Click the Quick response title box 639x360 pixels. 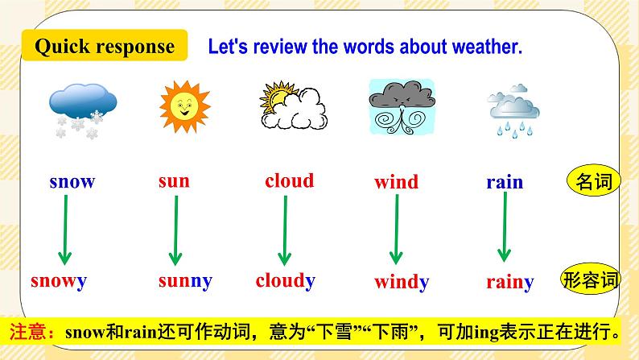pyautogui.click(x=105, y=46)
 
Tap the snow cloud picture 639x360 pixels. pyautogui.click(x=82, y=108)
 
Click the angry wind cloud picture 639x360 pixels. pyautogui.click(x=398, y=106)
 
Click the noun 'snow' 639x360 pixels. pyautogui.click(x=72, y=181)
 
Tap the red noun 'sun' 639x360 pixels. pyautogui.click(x=174, y=181)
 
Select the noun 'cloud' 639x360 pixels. pyautogui.click(x=289, y=180)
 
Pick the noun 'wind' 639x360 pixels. pyautogui.click(x=396, y=182)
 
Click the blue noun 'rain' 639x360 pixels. pyautogui.click(x=505, y=182)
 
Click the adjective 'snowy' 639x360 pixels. pyautogui.click(x=59, y=281)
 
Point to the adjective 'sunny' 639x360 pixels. pyautogui.click(x=184, y=281)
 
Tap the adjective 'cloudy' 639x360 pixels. pyautogui.click(x=285, y=280)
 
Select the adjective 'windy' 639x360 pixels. pyautogui.click(x=401, y=282)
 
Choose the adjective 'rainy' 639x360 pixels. pyautogui.click(x=509, y=282)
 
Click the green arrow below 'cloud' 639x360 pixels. pyautogui.click(x=283, y=230)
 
